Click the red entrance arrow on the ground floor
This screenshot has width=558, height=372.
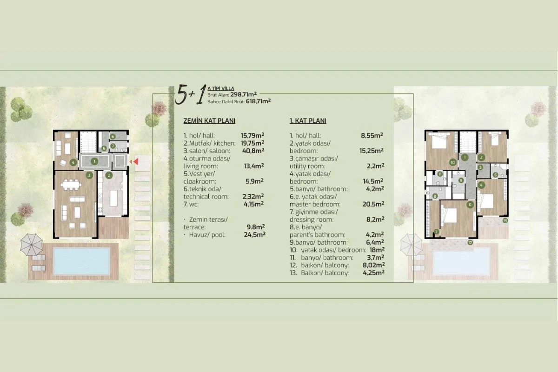coord(136,161)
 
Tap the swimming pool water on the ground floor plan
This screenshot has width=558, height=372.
coord(81,261)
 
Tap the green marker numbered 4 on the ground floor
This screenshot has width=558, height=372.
coord(73,162)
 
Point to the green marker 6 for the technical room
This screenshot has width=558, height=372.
coord(113,136)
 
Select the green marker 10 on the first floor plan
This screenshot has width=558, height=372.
coord(452,162)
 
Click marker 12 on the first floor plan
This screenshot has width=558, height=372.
coord(470,242)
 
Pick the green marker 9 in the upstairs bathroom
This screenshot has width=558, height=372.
coord(461,180)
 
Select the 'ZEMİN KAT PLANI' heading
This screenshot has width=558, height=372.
coord(209,121)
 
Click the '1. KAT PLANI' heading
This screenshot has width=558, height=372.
coord(308,121)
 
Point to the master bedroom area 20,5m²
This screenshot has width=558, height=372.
coord(373,204)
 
